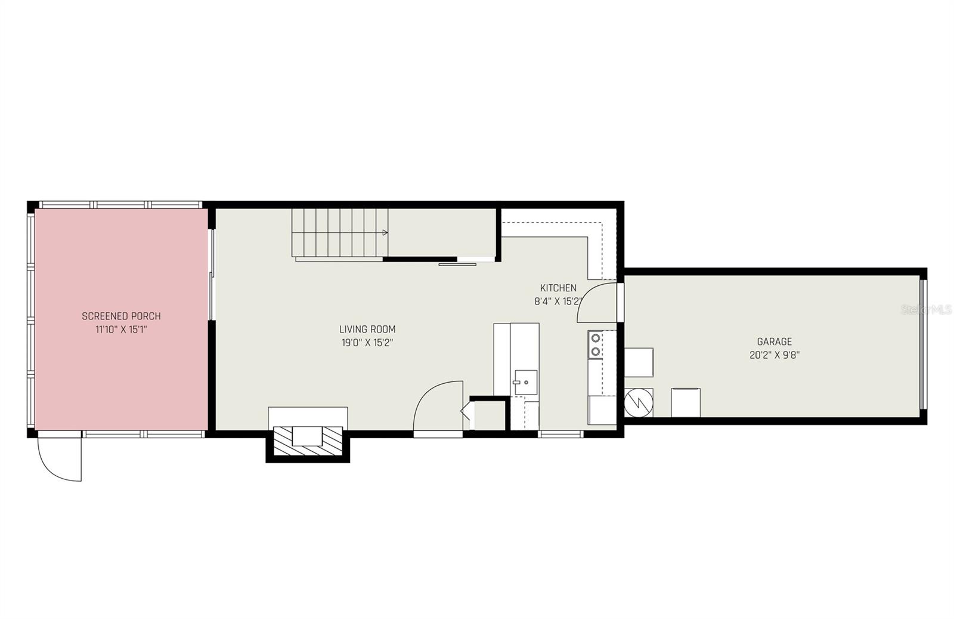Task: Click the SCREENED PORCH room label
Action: click(x=121, y=316)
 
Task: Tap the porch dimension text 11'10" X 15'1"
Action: click(x=121, y=329)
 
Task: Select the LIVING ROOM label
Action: click(x=367, y=329)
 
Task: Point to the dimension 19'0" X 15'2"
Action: click(x=367, y=343)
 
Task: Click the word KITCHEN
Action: click(x=558, y=288)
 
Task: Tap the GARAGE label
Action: click(x=775, y=341)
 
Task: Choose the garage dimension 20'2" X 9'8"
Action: click(x=775, y=355)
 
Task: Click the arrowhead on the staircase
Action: click(x=385, y=232)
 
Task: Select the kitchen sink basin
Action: click(x=525, y=382)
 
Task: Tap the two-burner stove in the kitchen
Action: click(x=595, y=346)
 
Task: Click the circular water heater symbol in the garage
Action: click(x=639, y=403)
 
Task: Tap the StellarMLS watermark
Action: click(x=927, y=310)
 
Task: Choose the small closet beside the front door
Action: click(x=489, y=415)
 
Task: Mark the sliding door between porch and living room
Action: click(x=211, y=275)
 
